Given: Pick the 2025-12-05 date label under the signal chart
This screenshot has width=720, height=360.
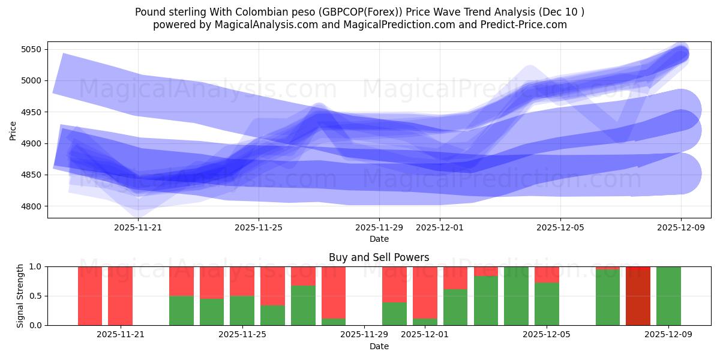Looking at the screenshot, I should tap(547, 334).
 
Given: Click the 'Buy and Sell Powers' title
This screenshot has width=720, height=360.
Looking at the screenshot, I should tap(379, 257).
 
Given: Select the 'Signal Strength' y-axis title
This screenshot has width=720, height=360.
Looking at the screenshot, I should tap(20, 296).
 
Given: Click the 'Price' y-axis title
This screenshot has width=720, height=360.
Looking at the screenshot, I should tap(13, 130).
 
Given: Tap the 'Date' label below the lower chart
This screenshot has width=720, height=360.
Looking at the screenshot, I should tap(379, 346).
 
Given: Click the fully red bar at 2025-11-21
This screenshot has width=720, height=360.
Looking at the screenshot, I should tap(120, 296).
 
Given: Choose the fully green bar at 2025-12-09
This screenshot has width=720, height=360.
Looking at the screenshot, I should tap(668, 296).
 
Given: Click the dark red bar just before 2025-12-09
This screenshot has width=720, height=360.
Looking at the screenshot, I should tap(638, 296).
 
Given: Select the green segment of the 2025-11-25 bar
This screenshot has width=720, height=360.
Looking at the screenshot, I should tap(242, 310).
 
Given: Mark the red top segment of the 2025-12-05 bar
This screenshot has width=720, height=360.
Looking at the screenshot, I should tap(547, 274).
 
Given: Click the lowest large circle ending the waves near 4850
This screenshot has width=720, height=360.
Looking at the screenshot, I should tap(680, 174).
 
